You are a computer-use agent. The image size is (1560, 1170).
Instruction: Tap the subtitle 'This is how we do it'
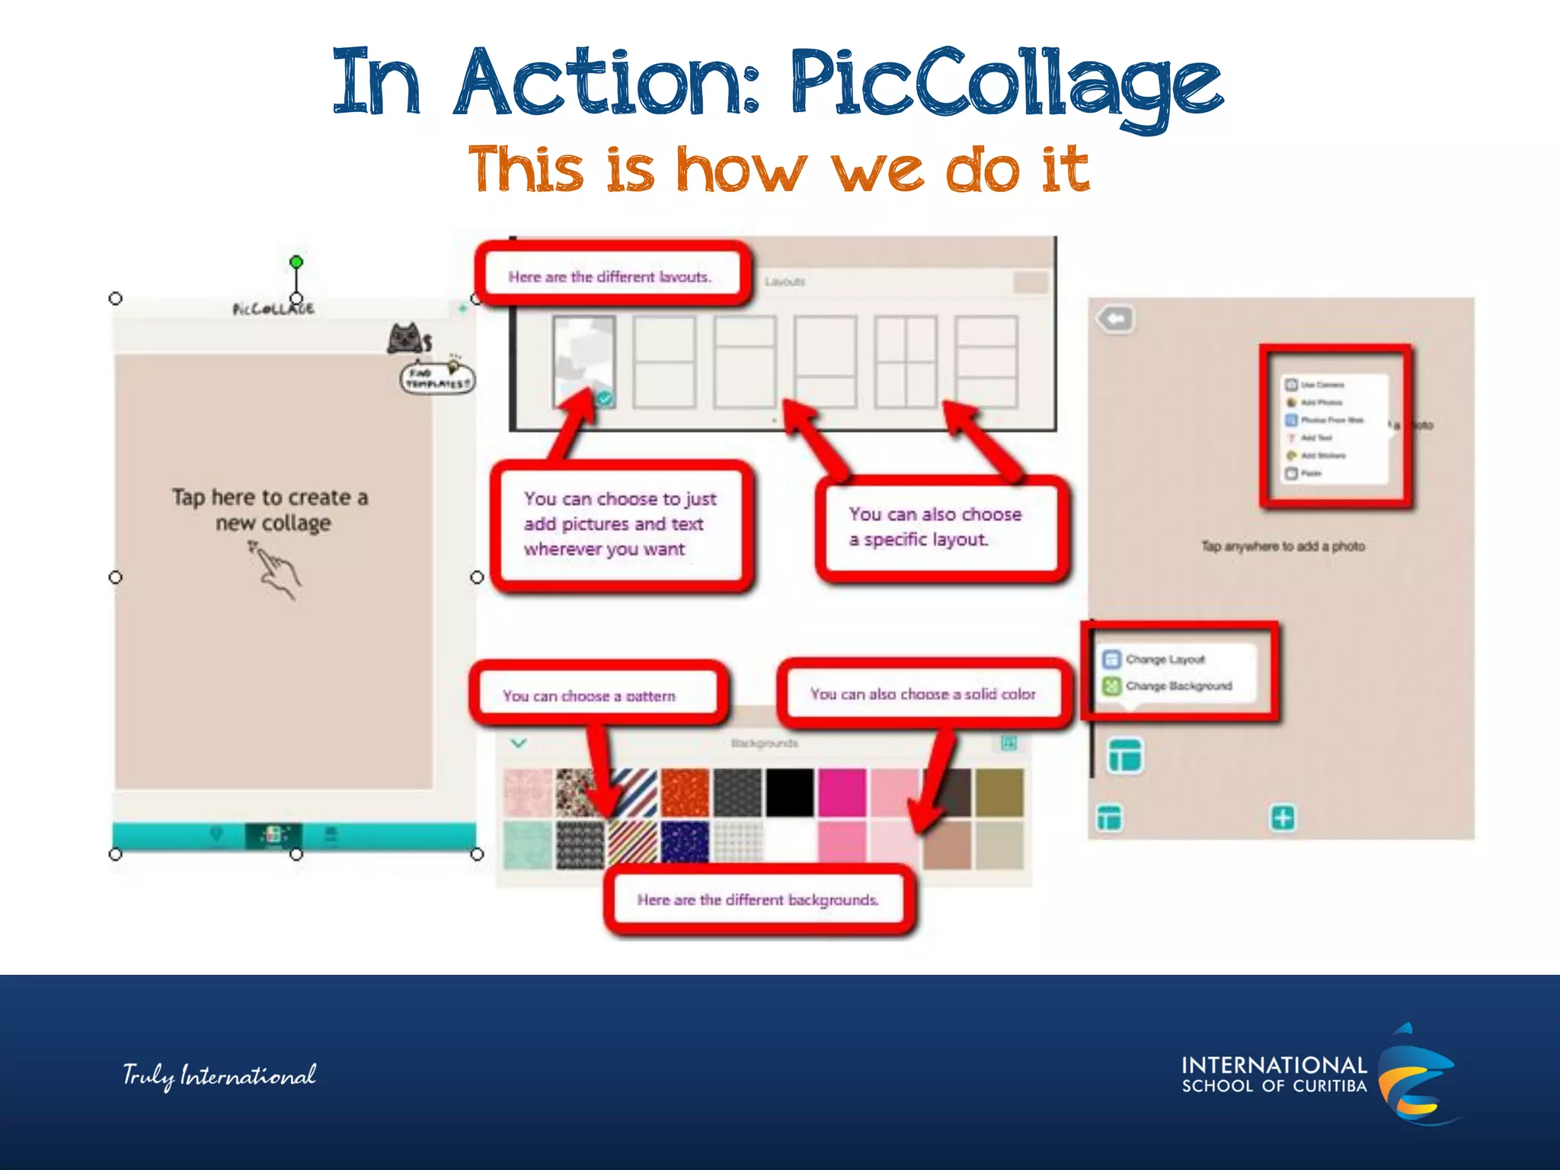click(x=778, y=169)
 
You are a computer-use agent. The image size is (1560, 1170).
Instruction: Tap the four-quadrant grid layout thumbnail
click(x=906, y=362)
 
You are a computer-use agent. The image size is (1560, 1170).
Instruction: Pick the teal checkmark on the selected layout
click(x=605, y=398)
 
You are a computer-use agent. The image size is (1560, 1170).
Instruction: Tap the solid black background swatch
click(x=790, y=793)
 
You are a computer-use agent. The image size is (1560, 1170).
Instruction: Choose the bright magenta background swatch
click(x=842, y=793)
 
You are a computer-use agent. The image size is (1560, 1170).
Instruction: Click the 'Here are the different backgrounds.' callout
click(x=759, y=900)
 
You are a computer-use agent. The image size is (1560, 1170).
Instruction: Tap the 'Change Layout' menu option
click(x=1165, y=659)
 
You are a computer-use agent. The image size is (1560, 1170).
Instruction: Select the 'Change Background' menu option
click(x=1178, y=686)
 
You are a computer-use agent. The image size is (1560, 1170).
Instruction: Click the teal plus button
click(x=1283, y=818)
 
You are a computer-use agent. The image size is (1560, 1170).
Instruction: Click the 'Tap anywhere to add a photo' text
click(x=1283, y=546)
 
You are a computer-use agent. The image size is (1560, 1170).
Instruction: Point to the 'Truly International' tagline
click(x=219, y=1075)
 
